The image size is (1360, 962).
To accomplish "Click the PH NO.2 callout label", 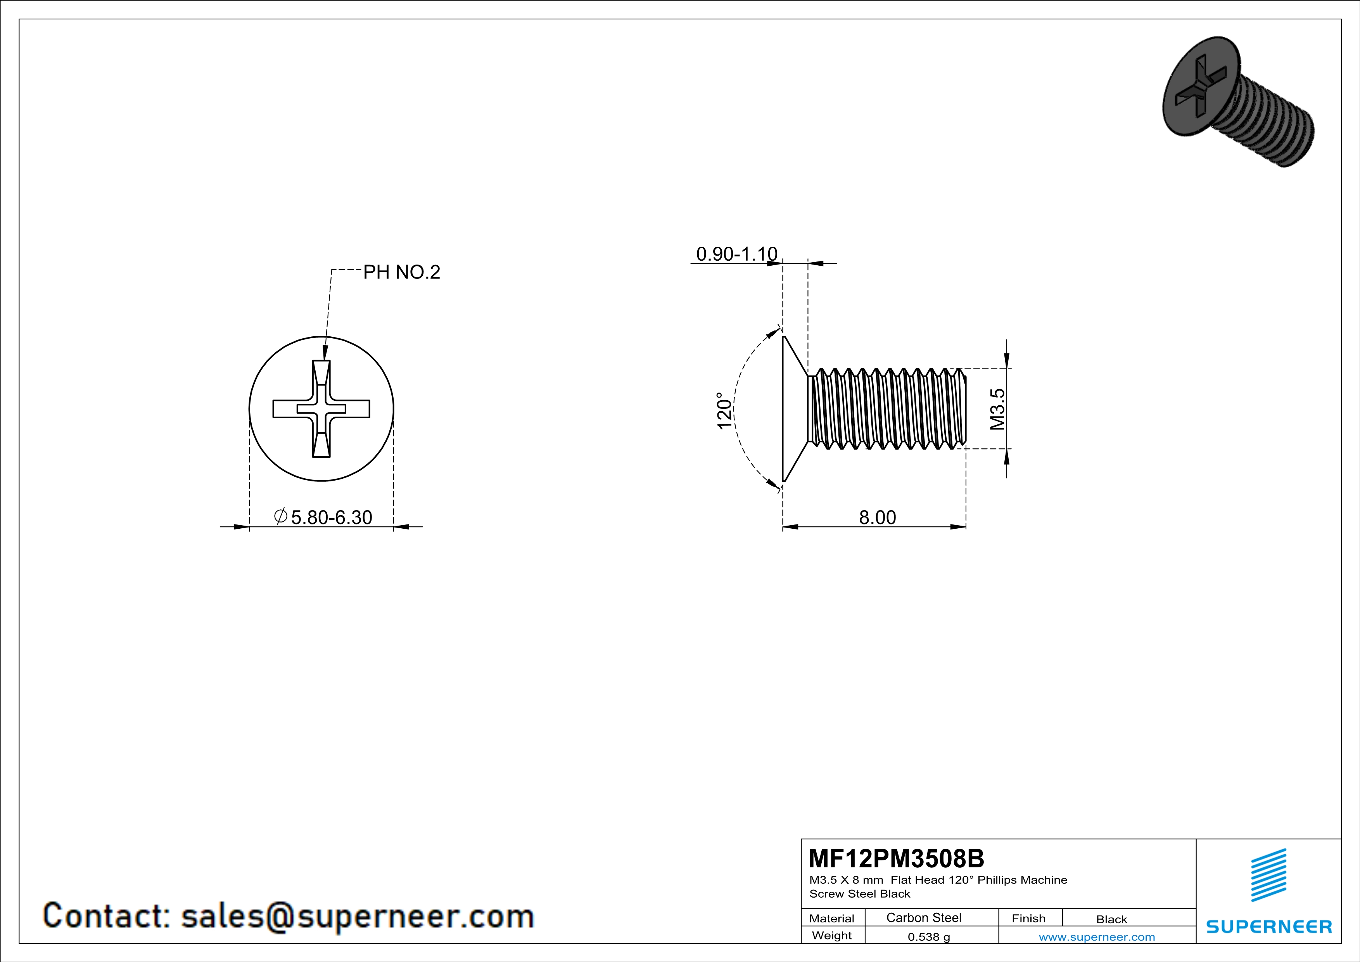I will tap(402, 272).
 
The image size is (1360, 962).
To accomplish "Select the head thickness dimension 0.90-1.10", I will tap(736, 254).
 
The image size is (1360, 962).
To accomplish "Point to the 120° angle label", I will tap(724, 410).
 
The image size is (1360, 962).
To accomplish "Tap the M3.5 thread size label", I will tap(997, 409).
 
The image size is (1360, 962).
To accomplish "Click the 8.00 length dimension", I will tap(877, 517).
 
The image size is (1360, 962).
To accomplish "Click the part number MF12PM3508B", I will tap(896, 858).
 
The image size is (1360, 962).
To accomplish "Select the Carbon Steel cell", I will tap(923, 917).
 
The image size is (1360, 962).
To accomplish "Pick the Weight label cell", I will tap(832, 935).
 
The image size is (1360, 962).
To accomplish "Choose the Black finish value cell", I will tap(1111, 919).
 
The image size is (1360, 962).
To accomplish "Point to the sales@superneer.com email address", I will tap(357, 915).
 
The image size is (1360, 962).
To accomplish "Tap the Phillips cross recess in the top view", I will tap(321, 409).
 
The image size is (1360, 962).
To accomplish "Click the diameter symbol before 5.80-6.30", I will tap(281, 516).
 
